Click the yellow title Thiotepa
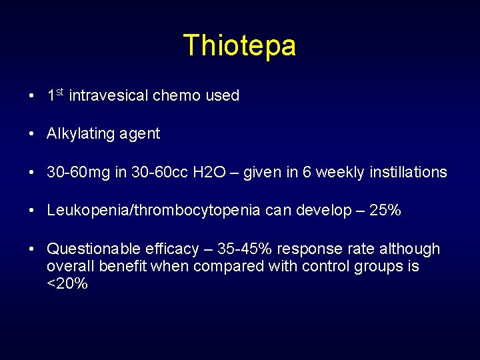pyautogui.click(x=239, y=46)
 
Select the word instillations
pyautogui.click(x=406, y=172)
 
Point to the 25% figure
pyautogui.click(x=385, y=211)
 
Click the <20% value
pyautogui.click(x=67, y=284)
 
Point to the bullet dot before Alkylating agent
pyautogui.click(x=32, y=134)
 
